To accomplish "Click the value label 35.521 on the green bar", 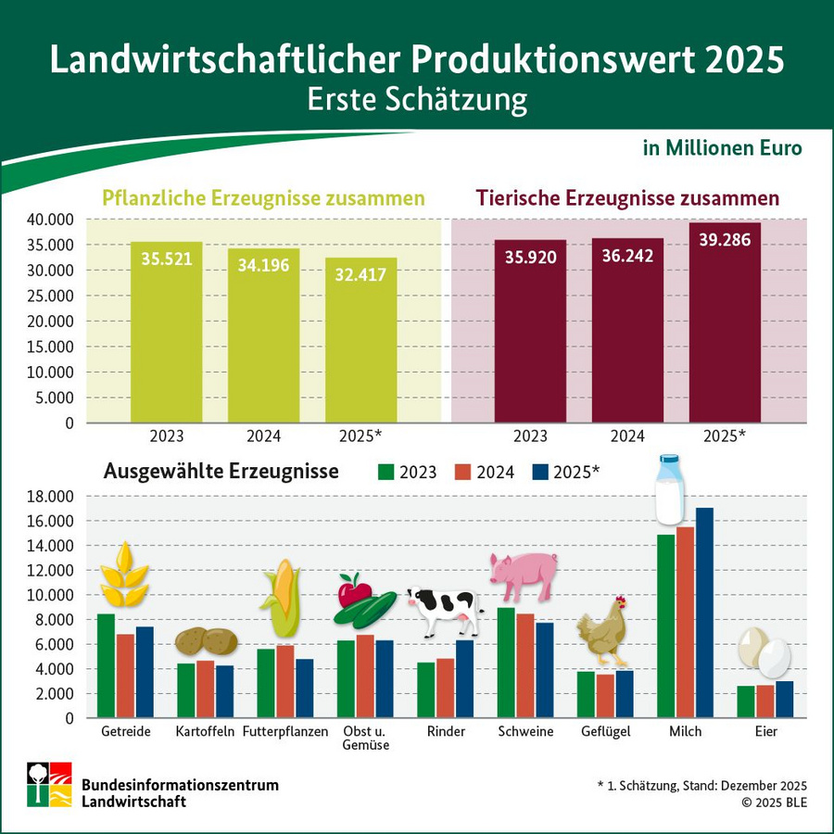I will pyautogui.click(x=167, y=259).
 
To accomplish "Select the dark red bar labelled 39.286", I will pyautogui.click(x=724, y=324).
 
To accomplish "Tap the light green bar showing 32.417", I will pyautogui.click(x=360, y=343).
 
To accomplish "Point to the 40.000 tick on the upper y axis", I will pyautogui.click(x=50, y=221).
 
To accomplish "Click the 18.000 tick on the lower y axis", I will pyautogui.click(x=50, y=497).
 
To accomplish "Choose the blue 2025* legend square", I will pyautogui.click(x=540, y=472).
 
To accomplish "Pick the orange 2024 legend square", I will pyautogui.click(x=462, y=472).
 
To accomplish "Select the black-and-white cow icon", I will pyautogui.click(x=445, y=612).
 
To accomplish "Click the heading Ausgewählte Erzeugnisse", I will pyautogui.click(x=221, y=472).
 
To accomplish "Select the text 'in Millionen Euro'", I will pyautogui.click(x=722, y=148).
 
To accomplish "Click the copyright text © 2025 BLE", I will pyautogui.click(x=774, y=802).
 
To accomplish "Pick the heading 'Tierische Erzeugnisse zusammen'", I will pyautogui.click(x=627, y=198).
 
